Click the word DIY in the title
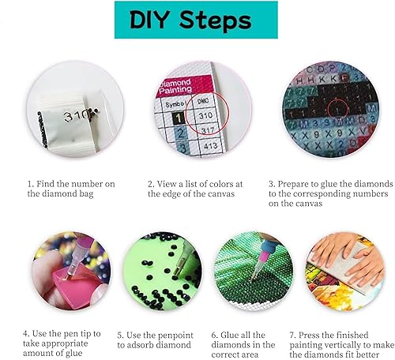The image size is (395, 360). pyautogui.click(x=149, y=20)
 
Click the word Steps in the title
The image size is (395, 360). pyautogui.click(x=215, y=21)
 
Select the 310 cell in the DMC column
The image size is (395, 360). pyautogui.click(x=205, y=115)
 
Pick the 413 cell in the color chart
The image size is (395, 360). pyautogui.click(x=211, y=145)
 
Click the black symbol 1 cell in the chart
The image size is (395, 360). pyautogui.click(x=179, y=118)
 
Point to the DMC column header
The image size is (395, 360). pyautogui.click(x=203, y=101)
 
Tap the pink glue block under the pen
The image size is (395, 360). pyautogui.click(x=78, y=285)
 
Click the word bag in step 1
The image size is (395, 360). pyautogui.click(x=86, y=194)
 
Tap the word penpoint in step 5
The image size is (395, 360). pyautogui.click(x=177, y=336)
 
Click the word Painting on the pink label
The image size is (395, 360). pyautogui.click(x=175, y=90)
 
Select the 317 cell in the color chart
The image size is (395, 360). pyautogui.click(x=208, y=130)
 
